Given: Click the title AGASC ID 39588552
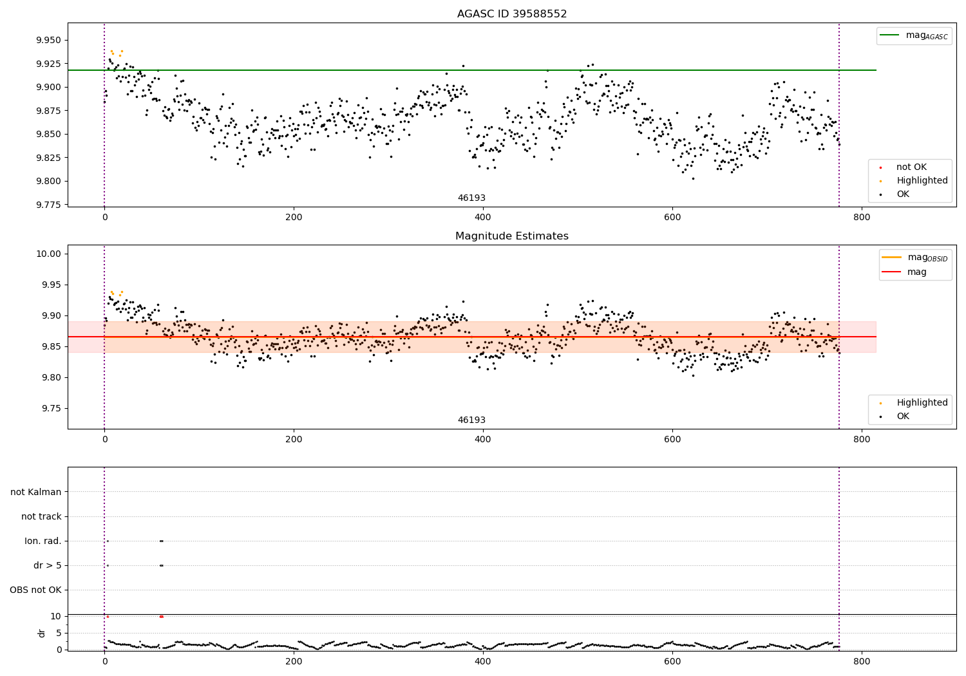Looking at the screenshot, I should pyautogui.click(x=512, y=14).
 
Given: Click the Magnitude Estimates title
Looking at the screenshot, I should pyautogui.click(x=512, y=236).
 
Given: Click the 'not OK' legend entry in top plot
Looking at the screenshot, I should pyautogui.click(x=911, y=167).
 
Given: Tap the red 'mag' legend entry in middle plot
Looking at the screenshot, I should pyautogui.click(x=916, y=272).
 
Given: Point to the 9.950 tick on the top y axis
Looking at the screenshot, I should pyautogui.click(x=48, y=40).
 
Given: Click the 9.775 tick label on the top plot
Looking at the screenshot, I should pyautogui.click(x=48, y=205).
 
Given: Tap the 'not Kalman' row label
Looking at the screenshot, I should pyautogui.click(x=36, y=492).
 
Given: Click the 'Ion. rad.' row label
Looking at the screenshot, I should pyautogui.click(x=43, y=541).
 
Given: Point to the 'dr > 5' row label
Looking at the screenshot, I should pyautogui.click(x=48, y=565).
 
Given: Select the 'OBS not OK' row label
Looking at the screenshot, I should pyautogui.click(x=36, y=590).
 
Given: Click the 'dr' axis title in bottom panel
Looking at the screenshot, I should pyautogui.click(x=42, y=633).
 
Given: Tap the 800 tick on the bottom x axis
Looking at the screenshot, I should pyautogui.click(x=861, y=661).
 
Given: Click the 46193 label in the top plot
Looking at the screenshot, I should pyautogui.click(x=471, y=198).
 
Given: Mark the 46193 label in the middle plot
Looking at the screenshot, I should pyautogui.click(x=471, y=420).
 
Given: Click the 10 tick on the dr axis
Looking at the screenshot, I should pyautogui.click(x=56, y=616).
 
